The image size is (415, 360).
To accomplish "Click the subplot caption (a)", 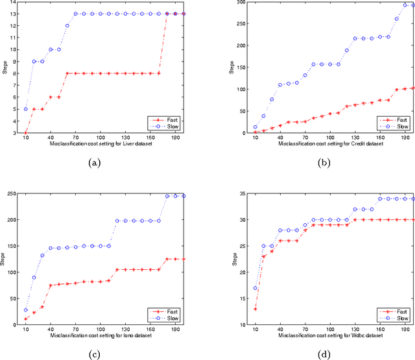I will pos(95,163).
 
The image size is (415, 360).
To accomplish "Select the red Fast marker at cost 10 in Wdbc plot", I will pos(255,309).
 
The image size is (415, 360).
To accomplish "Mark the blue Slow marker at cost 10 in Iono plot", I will pos(25,310).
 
